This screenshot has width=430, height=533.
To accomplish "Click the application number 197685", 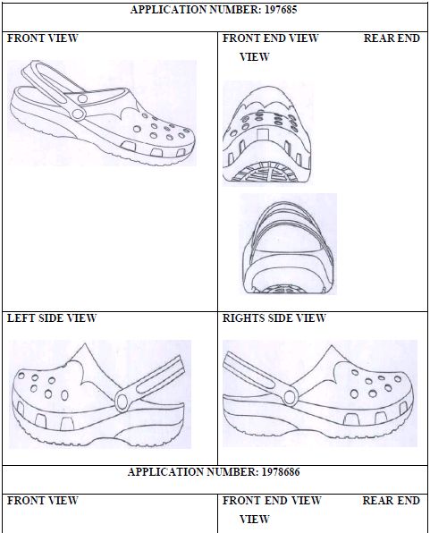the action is pyautogui.click(x=281, y=10).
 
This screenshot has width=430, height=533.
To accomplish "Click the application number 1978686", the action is pyautogui.click(x=281, y=472).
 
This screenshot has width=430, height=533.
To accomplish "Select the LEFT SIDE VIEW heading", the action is pyautogui.click(x=52, y=318).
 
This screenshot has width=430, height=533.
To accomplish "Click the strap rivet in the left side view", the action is pyautogui.click(x=122, y=402).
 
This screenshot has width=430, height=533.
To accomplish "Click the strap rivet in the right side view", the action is pyautogui.click(x=290, y=397).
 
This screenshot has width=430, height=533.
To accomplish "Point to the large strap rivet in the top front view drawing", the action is pyautogui.click(x=78, y=114).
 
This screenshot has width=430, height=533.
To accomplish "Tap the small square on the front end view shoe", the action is pyautogui.click(x=263, y=134).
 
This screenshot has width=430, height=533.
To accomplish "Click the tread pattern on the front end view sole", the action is pyautogui.click(x=267, y=173).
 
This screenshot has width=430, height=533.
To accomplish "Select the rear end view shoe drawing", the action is pyautogui.click(x=288, y=248).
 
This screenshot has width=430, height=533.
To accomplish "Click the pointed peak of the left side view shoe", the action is pyautogui.click(x=84, y=344).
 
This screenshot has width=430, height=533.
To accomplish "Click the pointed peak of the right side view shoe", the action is pyautogui.click(x=331, y=347).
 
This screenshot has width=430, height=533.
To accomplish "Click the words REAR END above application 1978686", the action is pyautogui.click(x=392, y=501).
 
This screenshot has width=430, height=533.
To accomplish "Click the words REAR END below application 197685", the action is pyautogui.click(x=392, y=38).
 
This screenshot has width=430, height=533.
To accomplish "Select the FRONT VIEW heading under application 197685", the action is pyautogui.click(x=43, y=38).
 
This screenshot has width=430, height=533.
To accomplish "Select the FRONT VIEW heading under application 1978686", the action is pyautogui.click(x=43, y=501).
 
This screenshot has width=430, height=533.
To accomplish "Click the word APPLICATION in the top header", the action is pyautogui.click(x=169, y=10).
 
